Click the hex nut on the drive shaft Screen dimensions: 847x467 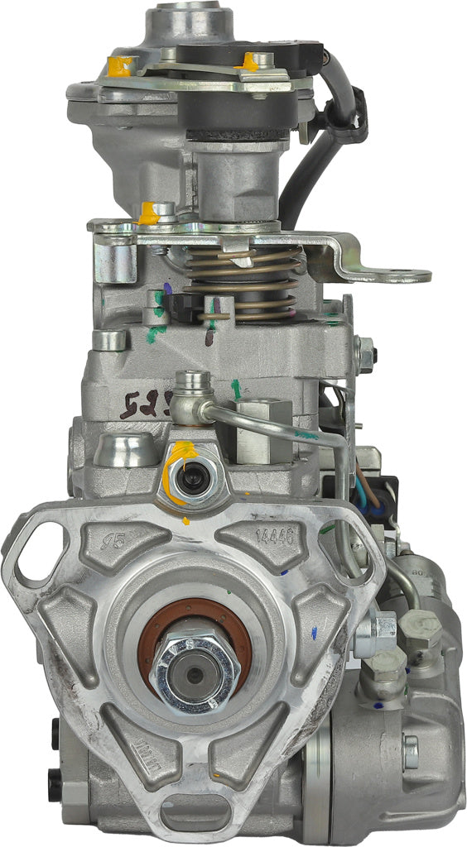click(x=195, y=673)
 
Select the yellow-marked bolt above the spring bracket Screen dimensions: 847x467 click(x=151, y=213)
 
